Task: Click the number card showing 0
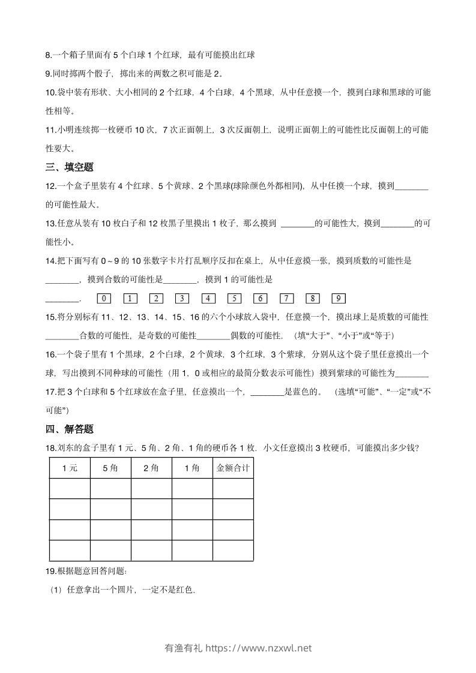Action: coord(104,299)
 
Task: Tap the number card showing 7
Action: coord(287,299)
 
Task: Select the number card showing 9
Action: coord(339,299)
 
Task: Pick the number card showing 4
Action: coord(208,299)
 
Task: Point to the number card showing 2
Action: coord(156,299)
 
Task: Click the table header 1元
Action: coord(70,468)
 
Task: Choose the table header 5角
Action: coord(110,468)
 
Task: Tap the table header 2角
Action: coord(151,468)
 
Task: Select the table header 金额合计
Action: coord(233,468)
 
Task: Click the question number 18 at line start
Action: coord(50,448)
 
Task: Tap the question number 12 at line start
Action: coord(50,186)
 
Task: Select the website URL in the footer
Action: coord(259,648)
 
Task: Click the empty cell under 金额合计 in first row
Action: coord(233,489)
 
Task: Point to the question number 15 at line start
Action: coord(50,317)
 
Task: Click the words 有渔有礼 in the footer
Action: coord(183,648)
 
